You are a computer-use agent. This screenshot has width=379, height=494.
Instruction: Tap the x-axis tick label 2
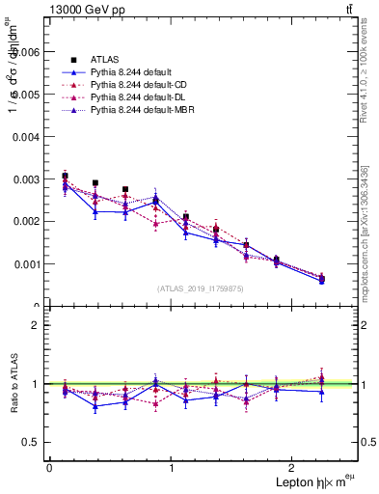[295, 468]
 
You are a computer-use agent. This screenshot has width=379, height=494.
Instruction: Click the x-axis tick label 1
[172, 468]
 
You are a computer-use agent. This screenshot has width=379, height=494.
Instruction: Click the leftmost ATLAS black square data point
[65, 177]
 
